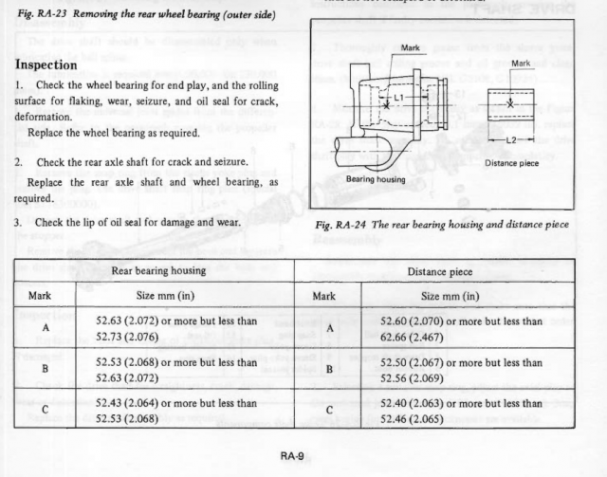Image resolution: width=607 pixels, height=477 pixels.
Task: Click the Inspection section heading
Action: click(59, 65)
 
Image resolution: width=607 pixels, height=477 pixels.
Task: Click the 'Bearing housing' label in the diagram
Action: click(376, 178)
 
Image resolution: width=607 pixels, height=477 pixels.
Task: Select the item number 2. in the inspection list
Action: click(18, 162)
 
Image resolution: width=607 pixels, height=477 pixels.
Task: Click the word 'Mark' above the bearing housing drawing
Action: click(411, 47)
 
